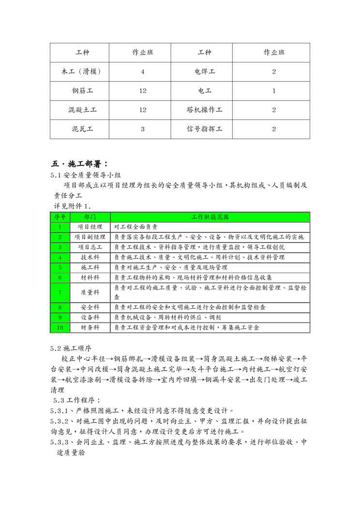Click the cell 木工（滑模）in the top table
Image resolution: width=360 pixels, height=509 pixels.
[x=80, y=72]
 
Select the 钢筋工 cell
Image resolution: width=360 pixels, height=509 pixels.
[x=80, y=90]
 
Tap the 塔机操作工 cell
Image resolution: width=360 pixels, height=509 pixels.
[x=205, y=110]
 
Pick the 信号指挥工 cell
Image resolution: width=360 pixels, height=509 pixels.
[x=205, y=129]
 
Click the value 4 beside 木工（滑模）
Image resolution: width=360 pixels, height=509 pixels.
[x=143, y=72]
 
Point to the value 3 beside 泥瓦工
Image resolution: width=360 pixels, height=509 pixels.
[x=143, y=129]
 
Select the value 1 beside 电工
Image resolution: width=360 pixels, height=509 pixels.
[x=274, y=90]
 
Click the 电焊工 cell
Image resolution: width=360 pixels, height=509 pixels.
[x=205, y=72]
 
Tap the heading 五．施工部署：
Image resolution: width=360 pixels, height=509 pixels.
[x=80, y=163]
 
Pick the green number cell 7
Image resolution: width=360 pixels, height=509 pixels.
[x=60, y=292]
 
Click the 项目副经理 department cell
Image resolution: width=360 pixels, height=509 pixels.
[x=90, y=237]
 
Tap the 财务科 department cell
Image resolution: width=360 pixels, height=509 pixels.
[x=90, y=328]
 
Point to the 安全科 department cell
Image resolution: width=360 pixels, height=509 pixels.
[x=90, y=307]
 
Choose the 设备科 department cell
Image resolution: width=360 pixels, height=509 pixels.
[x=90, y=317]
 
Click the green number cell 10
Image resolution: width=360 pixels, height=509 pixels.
[x=60, y=328]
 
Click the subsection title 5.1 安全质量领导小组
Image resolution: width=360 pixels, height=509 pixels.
[x=84, y=175]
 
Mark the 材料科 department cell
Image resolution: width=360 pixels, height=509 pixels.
[x=90, y=277]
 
